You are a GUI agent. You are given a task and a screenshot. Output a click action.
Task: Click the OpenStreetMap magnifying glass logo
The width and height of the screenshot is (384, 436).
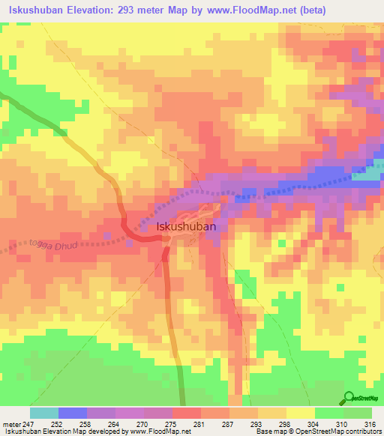(x=348, y=399)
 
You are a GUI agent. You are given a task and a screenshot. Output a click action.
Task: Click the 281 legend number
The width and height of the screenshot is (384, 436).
(x=199, y=423)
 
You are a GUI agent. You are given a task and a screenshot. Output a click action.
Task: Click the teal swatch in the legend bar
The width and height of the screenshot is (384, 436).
(x=44, y=413)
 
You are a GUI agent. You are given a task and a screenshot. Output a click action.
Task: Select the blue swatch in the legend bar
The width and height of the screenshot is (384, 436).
(x=73, y=413)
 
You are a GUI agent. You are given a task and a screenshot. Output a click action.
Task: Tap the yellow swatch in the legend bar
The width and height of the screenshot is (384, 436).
(x=300, y=413)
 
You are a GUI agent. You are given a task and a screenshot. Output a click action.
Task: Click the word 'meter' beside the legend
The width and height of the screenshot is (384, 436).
(x=9, y=423)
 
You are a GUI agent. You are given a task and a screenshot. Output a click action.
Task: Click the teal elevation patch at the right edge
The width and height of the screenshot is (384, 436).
(x=371, y=172)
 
